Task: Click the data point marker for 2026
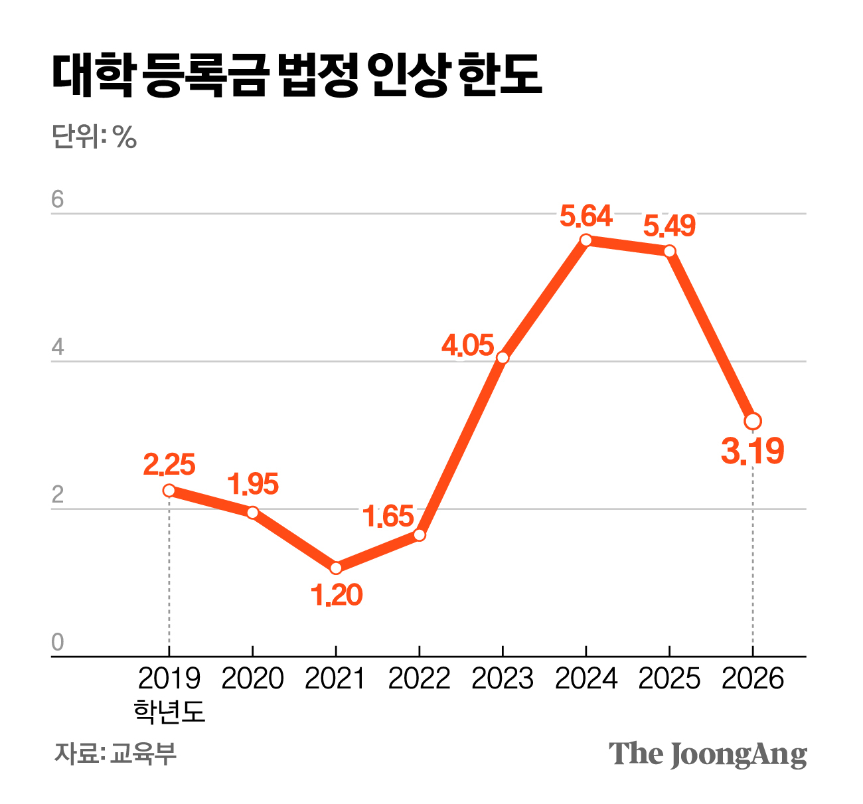(753, 422)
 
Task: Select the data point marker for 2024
(586, 240)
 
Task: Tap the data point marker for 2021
(336, 568)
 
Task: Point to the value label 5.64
(586, 216)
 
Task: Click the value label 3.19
(753, 451)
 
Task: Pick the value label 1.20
(337, 596)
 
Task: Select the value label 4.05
(469, 345)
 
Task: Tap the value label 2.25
(169, 465)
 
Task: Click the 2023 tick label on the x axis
(503, 679)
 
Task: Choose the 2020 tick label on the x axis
(252, 679)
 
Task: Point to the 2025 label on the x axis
(669, 679)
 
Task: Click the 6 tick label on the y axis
(58, 199)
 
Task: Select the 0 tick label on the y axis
(58, 643)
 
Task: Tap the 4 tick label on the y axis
(58, 347)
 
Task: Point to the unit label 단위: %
(94, 137)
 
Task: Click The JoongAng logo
(708, 754)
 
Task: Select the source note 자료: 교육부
(116, 754)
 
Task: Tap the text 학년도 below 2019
(169, 710)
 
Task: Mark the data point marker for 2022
(419, 534)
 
